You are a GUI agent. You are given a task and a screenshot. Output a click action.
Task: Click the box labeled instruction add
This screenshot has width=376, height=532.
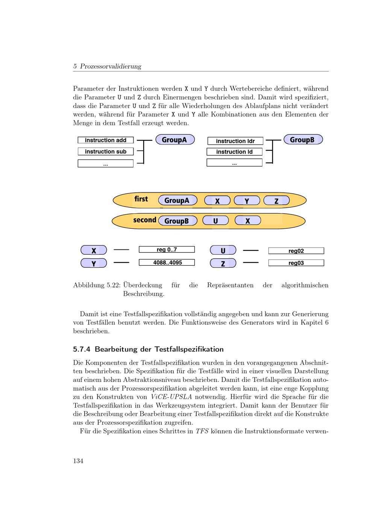(x=105, y=140)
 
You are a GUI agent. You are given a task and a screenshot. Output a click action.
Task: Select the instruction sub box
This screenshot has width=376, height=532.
(x=105, y=152)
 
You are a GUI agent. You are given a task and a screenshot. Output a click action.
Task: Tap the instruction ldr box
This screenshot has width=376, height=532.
(x=235, y=141)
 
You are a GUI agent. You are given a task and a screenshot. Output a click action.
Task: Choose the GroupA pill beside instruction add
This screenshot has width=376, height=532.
(x=175, y=140)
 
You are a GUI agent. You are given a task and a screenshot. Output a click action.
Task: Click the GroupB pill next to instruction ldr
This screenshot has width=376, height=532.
(x=303, y=140)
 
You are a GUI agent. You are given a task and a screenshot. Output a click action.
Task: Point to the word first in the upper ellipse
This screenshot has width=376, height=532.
(x=141, y=199)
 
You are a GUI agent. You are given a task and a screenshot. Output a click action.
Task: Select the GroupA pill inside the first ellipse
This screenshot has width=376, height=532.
(x=177, y=200)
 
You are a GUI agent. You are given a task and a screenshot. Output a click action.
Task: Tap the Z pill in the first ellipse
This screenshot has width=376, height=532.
(x=276, y=201)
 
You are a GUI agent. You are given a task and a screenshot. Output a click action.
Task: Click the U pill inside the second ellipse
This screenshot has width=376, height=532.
(x=215, y=220)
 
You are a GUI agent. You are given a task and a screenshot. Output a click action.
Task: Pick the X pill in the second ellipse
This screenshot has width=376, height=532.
(x=247, y=220)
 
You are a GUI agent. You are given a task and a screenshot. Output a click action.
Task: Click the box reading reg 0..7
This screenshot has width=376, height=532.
(x=167, y=249)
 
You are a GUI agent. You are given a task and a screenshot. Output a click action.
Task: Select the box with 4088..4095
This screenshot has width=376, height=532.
(x=167, y=263)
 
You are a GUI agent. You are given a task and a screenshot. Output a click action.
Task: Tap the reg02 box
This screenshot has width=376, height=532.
(x=296, y=251)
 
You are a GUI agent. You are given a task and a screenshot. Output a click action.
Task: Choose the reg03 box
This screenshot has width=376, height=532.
(x=296, y=263)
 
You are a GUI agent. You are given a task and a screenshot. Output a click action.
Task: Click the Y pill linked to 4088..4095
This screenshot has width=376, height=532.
(x=94, y=263)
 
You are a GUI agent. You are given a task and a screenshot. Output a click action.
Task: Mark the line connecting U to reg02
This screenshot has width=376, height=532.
(x=250, y=250)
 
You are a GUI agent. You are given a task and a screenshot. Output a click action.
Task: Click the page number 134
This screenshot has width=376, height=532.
(x=78, y=461)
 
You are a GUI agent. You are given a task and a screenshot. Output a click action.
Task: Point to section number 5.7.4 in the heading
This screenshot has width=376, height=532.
(x=82, y=349)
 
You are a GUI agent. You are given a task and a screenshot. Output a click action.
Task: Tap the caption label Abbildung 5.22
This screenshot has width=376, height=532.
(x=96, y=285)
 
